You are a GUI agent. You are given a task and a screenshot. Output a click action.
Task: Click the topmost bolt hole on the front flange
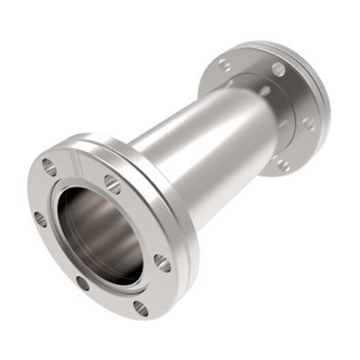(x=49, y=167)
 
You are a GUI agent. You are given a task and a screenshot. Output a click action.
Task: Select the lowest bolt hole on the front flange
(x=141, y=308)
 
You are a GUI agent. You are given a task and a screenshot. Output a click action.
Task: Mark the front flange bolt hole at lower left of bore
(x=83, y=283)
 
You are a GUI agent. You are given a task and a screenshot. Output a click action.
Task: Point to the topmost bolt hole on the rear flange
(x=278, y=69)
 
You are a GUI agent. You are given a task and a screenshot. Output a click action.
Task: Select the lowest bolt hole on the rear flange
(x=284, y=165)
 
